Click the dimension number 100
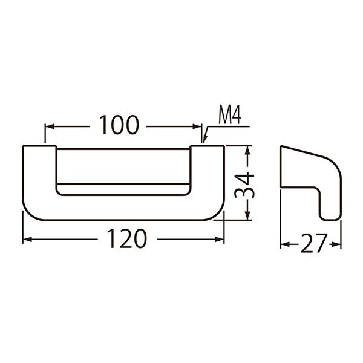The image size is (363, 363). pos(119,125)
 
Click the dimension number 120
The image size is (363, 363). pos(127,238)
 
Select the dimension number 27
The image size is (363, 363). pos(314,243)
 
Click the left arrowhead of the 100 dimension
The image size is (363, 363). pos(50,126)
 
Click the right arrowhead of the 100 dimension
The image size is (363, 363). pos(197,126)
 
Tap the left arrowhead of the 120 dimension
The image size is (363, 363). pos(27,240)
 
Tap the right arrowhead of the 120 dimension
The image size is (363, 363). pos(220,240)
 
